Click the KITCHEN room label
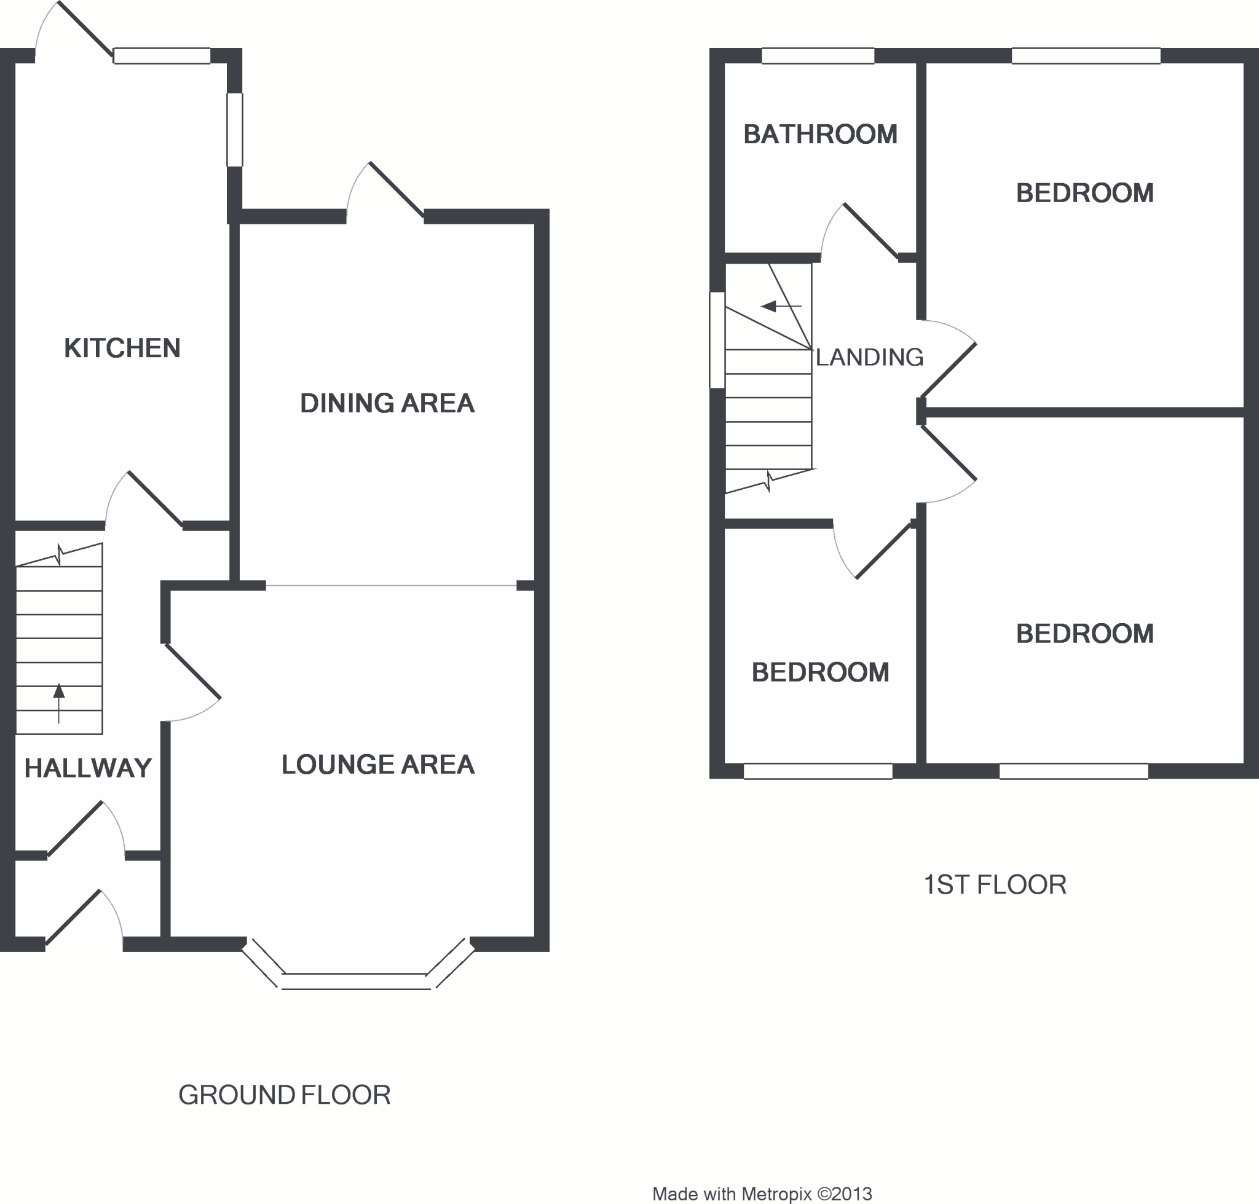click(x=122, y=348)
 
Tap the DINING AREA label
click(x=387, y=404)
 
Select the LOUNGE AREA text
click(x=377, y=765)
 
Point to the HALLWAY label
click(x=88, y=768)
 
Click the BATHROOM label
click(x=820, y=135)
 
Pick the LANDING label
click(x=869, y=358)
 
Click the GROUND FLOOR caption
click(x=285, y=1095)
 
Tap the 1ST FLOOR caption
click(x=995, y=885)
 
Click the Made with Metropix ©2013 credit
click(x=762, y=1194)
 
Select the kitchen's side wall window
click(x=235, y=130)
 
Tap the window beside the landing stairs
click(x=717, y=340)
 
